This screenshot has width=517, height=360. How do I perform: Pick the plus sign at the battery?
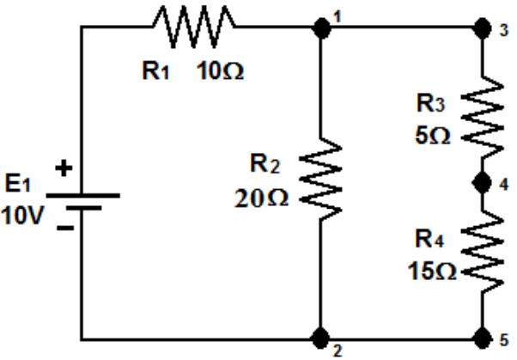pyautogui.click(x=63, y=169)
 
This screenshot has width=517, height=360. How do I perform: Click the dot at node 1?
pyautogui.click(x=322, y=27)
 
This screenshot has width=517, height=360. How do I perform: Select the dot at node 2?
pyautogui.click(x=321, y=335)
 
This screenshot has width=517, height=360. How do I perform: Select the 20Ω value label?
pyautogui.click(x=262, y=198)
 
